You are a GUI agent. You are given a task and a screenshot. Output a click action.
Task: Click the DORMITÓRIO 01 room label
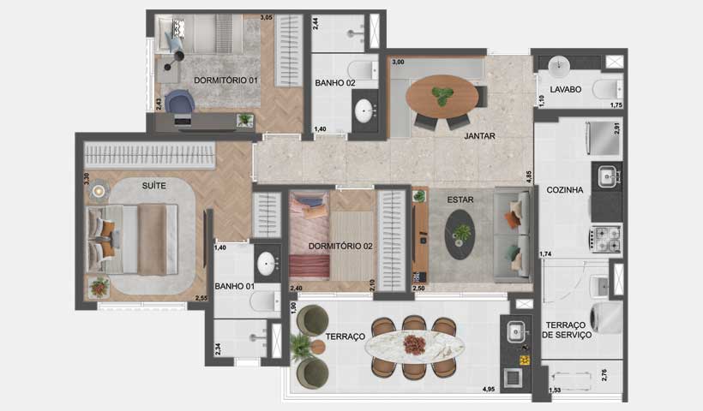tap(225, 80)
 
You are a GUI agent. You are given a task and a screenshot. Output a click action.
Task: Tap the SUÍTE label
tap(154, 185)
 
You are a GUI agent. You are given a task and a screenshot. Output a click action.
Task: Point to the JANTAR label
tap(480, 135)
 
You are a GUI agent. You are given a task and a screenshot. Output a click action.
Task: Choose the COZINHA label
tap(565, 190)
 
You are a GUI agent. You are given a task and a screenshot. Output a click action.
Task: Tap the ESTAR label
tap(460, 200)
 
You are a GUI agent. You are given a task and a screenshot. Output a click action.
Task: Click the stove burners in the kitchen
tap(606, 239)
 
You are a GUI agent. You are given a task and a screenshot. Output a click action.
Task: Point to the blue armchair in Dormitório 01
tap(180, 102)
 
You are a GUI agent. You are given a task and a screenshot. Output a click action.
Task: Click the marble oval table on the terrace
tap(415, 346)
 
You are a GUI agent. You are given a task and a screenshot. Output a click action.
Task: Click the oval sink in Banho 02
tap(365, 110)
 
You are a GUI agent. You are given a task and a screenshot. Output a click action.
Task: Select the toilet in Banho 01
tap(265, 301)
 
